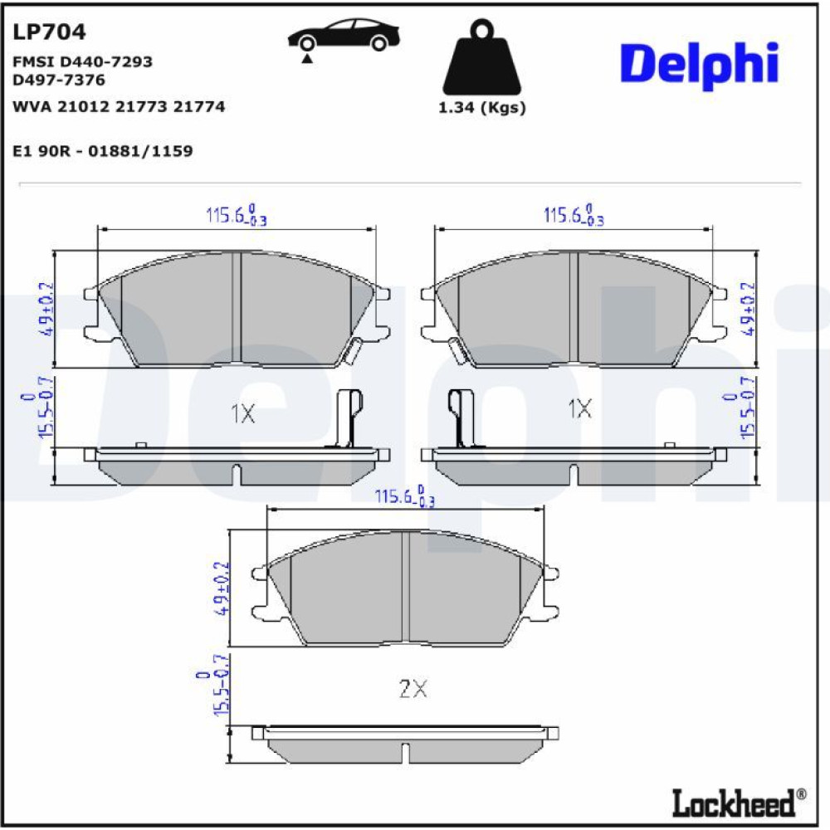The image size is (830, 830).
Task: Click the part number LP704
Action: [49, 32]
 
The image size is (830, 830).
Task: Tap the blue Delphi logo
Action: [699, 65]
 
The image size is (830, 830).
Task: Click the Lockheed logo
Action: [739, 803]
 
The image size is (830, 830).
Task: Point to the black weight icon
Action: [481, 57]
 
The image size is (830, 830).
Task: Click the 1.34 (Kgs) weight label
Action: [481, 107]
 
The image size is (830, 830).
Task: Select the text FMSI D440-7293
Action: [82, 62]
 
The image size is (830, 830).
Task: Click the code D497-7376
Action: [59, 80]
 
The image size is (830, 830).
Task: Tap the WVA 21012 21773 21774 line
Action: [119, 106]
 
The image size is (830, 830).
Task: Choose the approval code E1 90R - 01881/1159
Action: [103, 151]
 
